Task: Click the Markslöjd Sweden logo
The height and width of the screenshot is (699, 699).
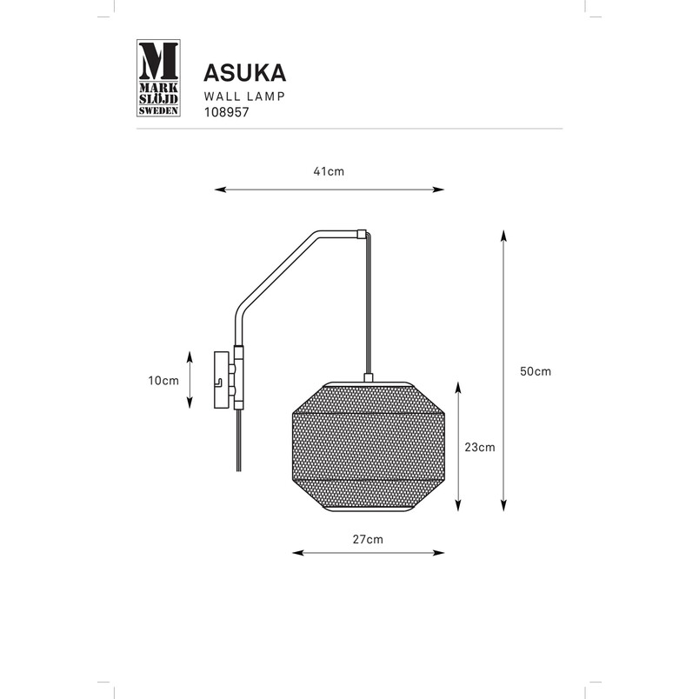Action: click(x=158, y=78)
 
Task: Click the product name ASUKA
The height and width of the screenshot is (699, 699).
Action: click(x=245, y=73)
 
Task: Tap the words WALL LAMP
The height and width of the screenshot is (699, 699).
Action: click(x=244, y=97)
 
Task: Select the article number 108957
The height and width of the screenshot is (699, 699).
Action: click(x=226, y=112)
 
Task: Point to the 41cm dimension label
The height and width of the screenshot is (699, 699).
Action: click(x=329, y=171)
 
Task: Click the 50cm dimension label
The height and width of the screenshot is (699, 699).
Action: click(x=536, y=371)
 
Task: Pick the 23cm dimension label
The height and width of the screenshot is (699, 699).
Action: click(x=480, y=447)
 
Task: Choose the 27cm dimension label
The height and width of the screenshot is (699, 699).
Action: click(x=368, y=539)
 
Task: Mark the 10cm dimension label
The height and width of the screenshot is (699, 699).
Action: click(x=163, y=381)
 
